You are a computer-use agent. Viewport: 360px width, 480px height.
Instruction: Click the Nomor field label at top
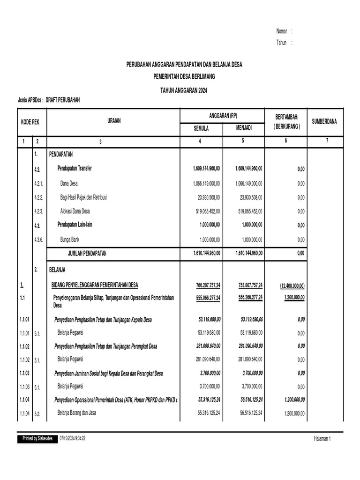coord(282,31)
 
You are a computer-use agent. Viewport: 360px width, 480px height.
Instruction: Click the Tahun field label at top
coord(281,43)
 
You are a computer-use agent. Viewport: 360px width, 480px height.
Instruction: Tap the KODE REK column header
coord(30,121)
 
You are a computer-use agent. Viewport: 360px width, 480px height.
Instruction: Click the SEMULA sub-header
coord(202,127)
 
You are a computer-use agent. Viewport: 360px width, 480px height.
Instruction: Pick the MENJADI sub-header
coord(244,127)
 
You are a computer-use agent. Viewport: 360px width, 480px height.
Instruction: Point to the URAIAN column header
coord(113,121)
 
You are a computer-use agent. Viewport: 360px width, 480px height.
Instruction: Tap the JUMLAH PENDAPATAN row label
coord(87,254)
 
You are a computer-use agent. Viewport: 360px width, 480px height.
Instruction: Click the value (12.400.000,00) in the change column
coord(292,285)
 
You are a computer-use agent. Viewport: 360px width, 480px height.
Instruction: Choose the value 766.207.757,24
coord(208,285)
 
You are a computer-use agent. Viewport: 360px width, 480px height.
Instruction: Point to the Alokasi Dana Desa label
coord(75,211)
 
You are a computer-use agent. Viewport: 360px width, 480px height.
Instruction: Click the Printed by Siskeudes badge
coord(37,438)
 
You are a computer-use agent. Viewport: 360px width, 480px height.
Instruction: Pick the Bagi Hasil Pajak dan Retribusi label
coord(83,197)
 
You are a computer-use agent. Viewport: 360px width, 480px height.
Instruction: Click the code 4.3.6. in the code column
coord(38,240)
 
